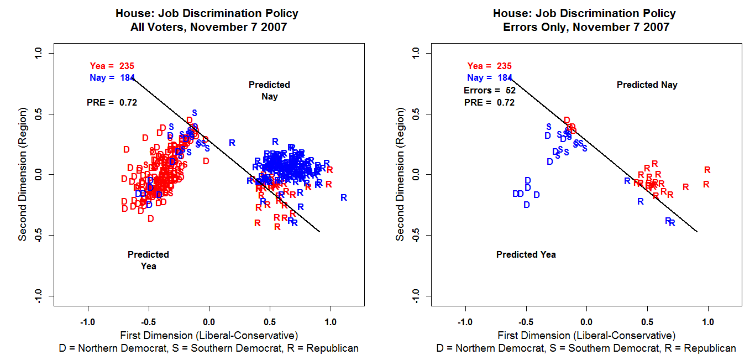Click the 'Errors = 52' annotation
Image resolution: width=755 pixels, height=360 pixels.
pos(489,90)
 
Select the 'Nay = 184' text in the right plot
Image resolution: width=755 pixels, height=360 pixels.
pos(489,78)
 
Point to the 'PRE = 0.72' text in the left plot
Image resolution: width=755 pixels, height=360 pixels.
pos(112,102)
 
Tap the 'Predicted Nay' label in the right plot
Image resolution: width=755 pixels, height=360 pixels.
pos(647,85)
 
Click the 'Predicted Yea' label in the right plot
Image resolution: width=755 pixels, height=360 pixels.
pos(526,255)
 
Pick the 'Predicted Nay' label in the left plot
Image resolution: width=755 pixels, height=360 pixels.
pos(269,91)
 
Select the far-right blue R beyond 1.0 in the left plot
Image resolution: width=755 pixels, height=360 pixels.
pos(344,197)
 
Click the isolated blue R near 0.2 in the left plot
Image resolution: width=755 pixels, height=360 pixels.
pos(232,143)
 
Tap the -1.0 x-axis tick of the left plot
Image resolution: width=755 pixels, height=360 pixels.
pos(87,322)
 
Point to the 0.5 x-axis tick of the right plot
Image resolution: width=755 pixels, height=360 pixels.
pos(647,322)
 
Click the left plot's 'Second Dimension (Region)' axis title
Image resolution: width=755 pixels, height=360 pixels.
pos(23,174)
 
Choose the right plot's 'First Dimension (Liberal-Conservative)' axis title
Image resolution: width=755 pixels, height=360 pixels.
pos(586,335)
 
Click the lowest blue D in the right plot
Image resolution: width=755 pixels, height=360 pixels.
pos(527,205)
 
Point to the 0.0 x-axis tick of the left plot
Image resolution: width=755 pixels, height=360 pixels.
pos(209,322)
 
